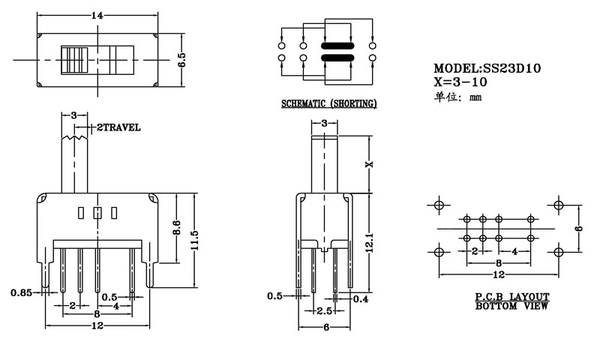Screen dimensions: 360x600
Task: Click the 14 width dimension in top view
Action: point(97,15)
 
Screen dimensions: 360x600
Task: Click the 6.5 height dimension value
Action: point(181,61)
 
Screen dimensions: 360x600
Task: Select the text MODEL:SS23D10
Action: point(487,68)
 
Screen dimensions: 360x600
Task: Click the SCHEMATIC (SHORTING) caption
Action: point(328,103)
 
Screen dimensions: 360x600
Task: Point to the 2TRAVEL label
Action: point(118,127)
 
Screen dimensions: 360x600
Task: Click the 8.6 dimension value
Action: point(176,227)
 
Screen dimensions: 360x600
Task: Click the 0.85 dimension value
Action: point(21,292)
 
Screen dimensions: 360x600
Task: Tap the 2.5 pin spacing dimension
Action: point(324,310)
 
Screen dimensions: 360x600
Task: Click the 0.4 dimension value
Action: point(361,300)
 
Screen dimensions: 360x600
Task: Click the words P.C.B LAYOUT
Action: point(512,297)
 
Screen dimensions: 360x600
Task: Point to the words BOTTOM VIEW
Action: point(512,306)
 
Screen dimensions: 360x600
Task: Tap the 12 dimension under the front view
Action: point(97,327)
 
